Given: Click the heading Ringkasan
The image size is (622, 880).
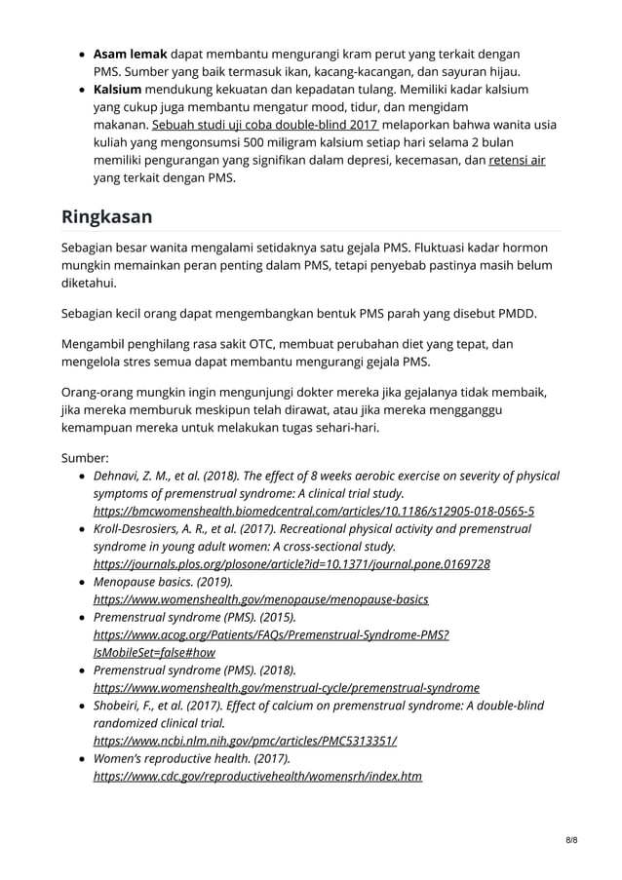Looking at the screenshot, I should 106,215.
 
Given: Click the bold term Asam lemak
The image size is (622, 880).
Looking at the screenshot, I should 131,53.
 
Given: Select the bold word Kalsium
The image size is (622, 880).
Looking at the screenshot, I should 117,90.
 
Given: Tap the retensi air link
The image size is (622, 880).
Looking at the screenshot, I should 517,160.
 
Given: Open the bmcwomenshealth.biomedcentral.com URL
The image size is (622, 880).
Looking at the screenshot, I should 313,511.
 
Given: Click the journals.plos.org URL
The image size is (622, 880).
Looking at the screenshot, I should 292,563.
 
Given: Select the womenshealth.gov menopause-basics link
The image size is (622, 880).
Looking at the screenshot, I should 260,598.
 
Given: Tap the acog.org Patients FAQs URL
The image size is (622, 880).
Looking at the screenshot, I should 271,634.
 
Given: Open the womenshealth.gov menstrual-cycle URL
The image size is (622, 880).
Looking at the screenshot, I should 286,687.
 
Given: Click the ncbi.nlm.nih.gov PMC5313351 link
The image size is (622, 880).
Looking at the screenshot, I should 245,740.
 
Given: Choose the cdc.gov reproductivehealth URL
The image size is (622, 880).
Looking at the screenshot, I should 257,776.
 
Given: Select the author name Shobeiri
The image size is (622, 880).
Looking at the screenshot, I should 119,705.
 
